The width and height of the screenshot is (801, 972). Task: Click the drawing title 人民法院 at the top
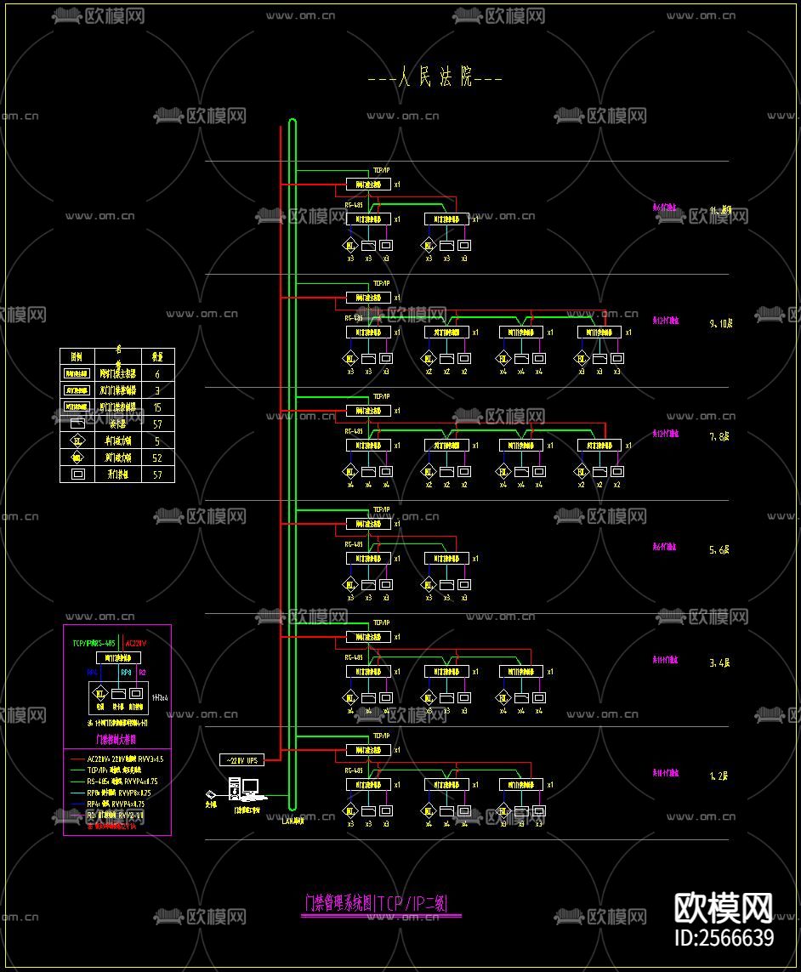pos(435,79)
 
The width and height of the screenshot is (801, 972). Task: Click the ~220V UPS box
pos(241,759)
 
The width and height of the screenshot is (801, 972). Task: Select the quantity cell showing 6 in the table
pos(157,373)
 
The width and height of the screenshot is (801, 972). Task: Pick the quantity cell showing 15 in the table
pos(157,407)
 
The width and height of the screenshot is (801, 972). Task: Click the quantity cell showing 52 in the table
pos(157,458)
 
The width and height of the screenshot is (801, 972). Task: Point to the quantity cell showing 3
pos(157,390)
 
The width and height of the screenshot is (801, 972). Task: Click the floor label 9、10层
pos(720,324)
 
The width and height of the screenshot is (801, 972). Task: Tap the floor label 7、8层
pos(719,436)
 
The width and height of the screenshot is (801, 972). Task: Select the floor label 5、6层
pos(719,550)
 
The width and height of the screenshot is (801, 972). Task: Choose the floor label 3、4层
pos(719,662)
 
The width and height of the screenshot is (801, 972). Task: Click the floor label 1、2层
pos(719,776)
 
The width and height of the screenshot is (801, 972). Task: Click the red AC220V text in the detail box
pos(136,644)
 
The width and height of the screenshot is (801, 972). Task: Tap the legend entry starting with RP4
pos(116,803)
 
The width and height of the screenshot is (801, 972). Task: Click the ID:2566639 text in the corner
pos(724,938)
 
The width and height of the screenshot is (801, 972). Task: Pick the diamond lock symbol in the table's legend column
pos(77,441)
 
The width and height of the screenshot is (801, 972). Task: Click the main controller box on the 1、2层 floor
pos(368,750)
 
